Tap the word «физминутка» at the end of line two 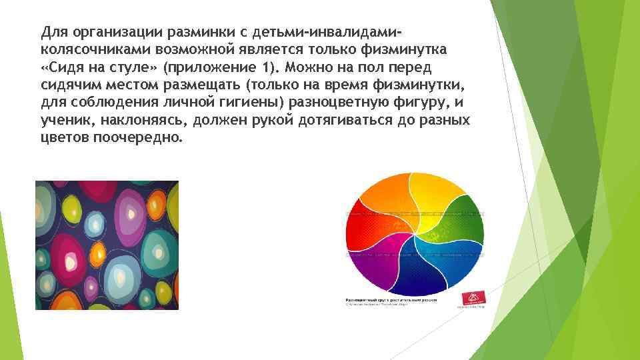pos(412,50)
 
